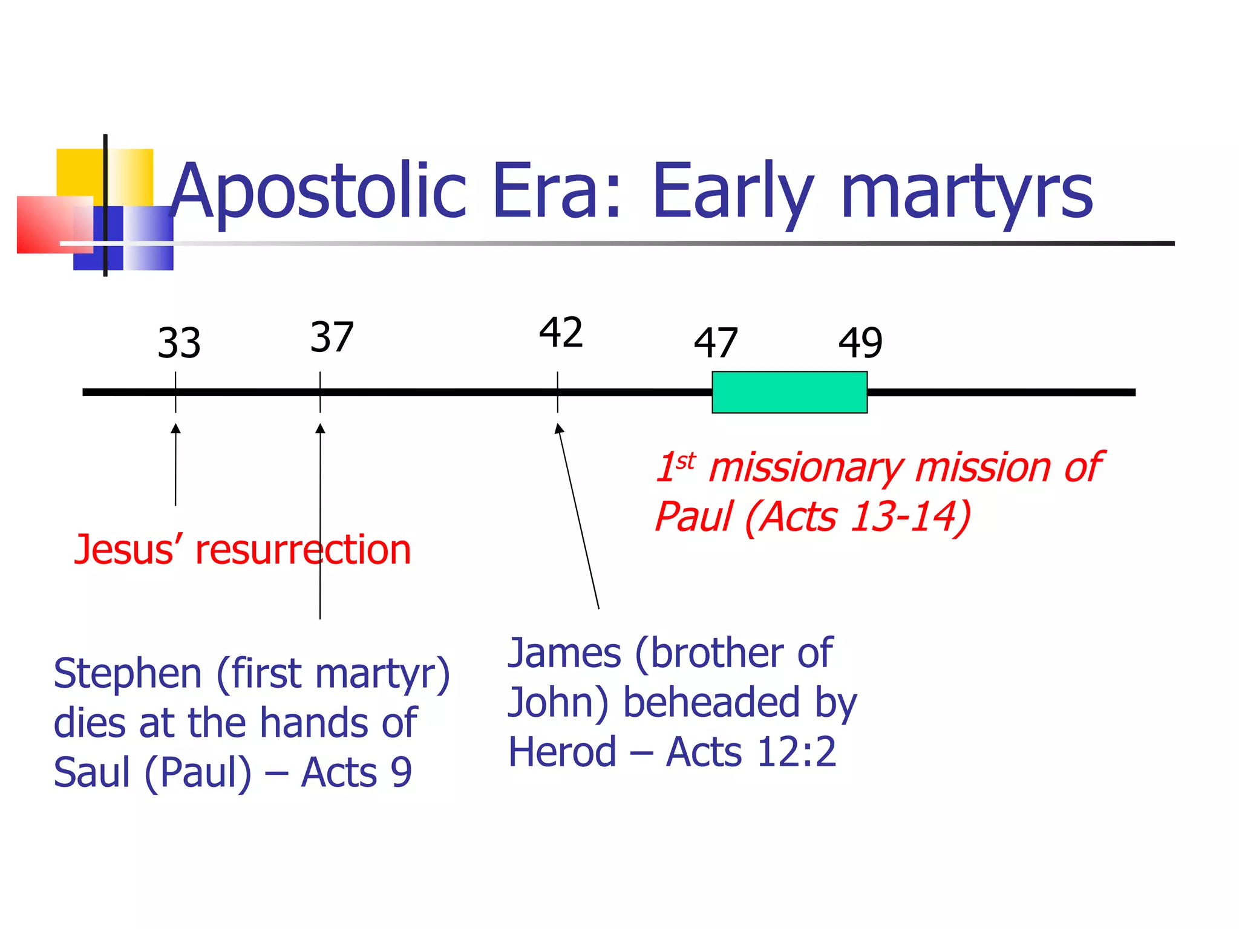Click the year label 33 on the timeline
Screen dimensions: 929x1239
click(178, 343)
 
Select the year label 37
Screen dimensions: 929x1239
click(332, 337)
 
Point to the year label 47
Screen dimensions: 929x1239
click(716, 343)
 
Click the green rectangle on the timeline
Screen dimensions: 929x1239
click(789, 393)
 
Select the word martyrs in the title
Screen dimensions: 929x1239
click(966, 192)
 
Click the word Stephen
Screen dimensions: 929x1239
click(127, 674)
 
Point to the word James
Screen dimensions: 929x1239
click(564, 653)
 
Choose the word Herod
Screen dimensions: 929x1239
click(562, 752)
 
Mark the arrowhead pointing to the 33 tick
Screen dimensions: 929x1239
click(175, 429)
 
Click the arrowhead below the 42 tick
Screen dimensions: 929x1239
click(560, 429)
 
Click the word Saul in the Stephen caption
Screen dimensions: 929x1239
click(91, 773)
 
